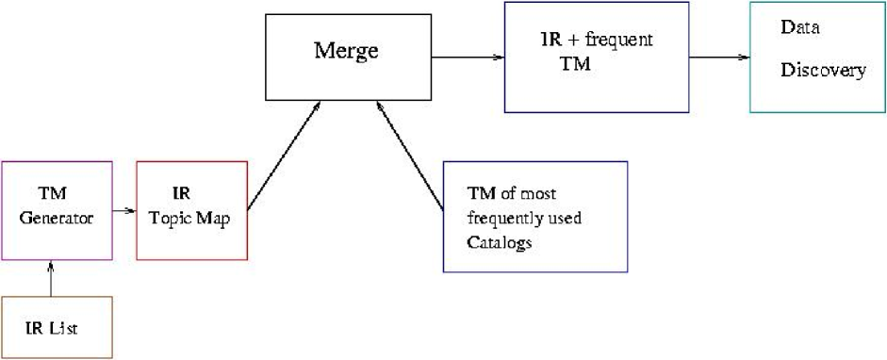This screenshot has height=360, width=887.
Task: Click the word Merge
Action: (346, 51)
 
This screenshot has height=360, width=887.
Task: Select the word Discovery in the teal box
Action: (823, 70)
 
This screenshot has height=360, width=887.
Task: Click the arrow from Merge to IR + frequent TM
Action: (468, 57)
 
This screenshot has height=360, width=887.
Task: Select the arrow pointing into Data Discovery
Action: (719, 57)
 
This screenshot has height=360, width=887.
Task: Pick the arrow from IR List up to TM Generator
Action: (51, 278)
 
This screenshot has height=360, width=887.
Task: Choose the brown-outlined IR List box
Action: (57, 327)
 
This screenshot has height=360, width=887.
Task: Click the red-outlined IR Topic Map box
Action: (192, 210)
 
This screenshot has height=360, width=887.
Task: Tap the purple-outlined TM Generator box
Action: (57, 210)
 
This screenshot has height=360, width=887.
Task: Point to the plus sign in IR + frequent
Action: (571, 41)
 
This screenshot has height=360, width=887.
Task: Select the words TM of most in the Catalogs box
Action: (512, 195)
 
